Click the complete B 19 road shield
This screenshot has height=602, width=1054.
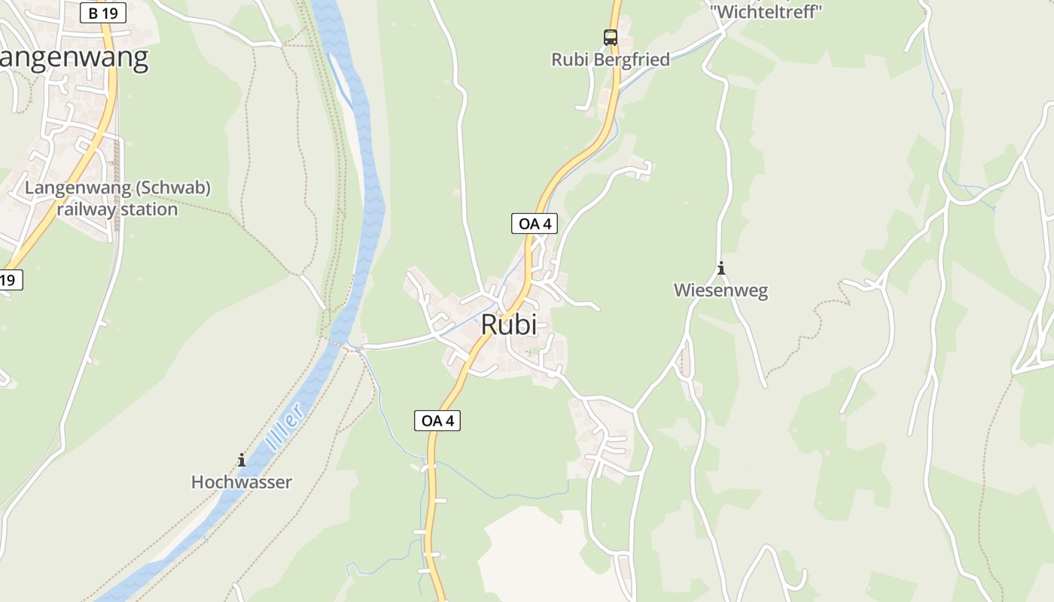tap(103, 13)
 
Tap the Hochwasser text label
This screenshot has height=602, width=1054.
tap(241, 482)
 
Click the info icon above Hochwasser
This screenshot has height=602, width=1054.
tap(242, 460)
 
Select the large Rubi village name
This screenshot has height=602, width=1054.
tap(509, 324)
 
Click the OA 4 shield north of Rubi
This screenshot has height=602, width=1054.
tap(535, 223)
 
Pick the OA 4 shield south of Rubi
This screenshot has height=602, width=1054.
tap(437, 421)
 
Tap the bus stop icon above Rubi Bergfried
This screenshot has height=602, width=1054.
tap(610, 37)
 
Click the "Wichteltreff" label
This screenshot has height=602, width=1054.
tap(766, 11)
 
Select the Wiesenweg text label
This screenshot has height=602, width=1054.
tap(720, 290)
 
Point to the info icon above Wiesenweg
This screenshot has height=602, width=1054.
tap(721, 268)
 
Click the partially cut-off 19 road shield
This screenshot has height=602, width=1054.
tap(9, 280)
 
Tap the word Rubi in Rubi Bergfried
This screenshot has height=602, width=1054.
tap(570, 59)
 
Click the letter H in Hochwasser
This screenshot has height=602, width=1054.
tap(197, 482)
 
